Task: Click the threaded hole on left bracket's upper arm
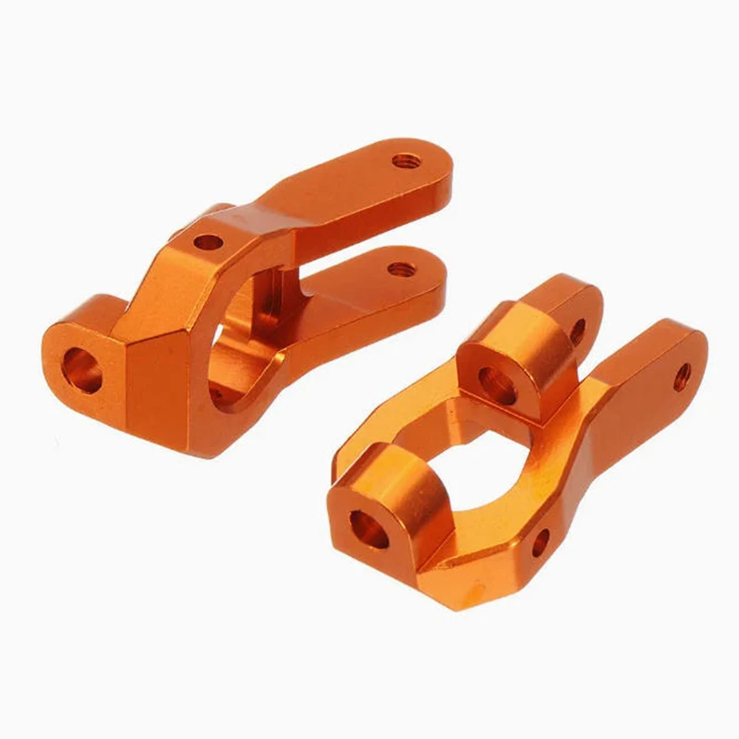coord(403,162)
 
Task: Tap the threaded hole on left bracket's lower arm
coord(400,270)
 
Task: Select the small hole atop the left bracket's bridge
coord(209,243)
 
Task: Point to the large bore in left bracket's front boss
coord(82,369)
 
